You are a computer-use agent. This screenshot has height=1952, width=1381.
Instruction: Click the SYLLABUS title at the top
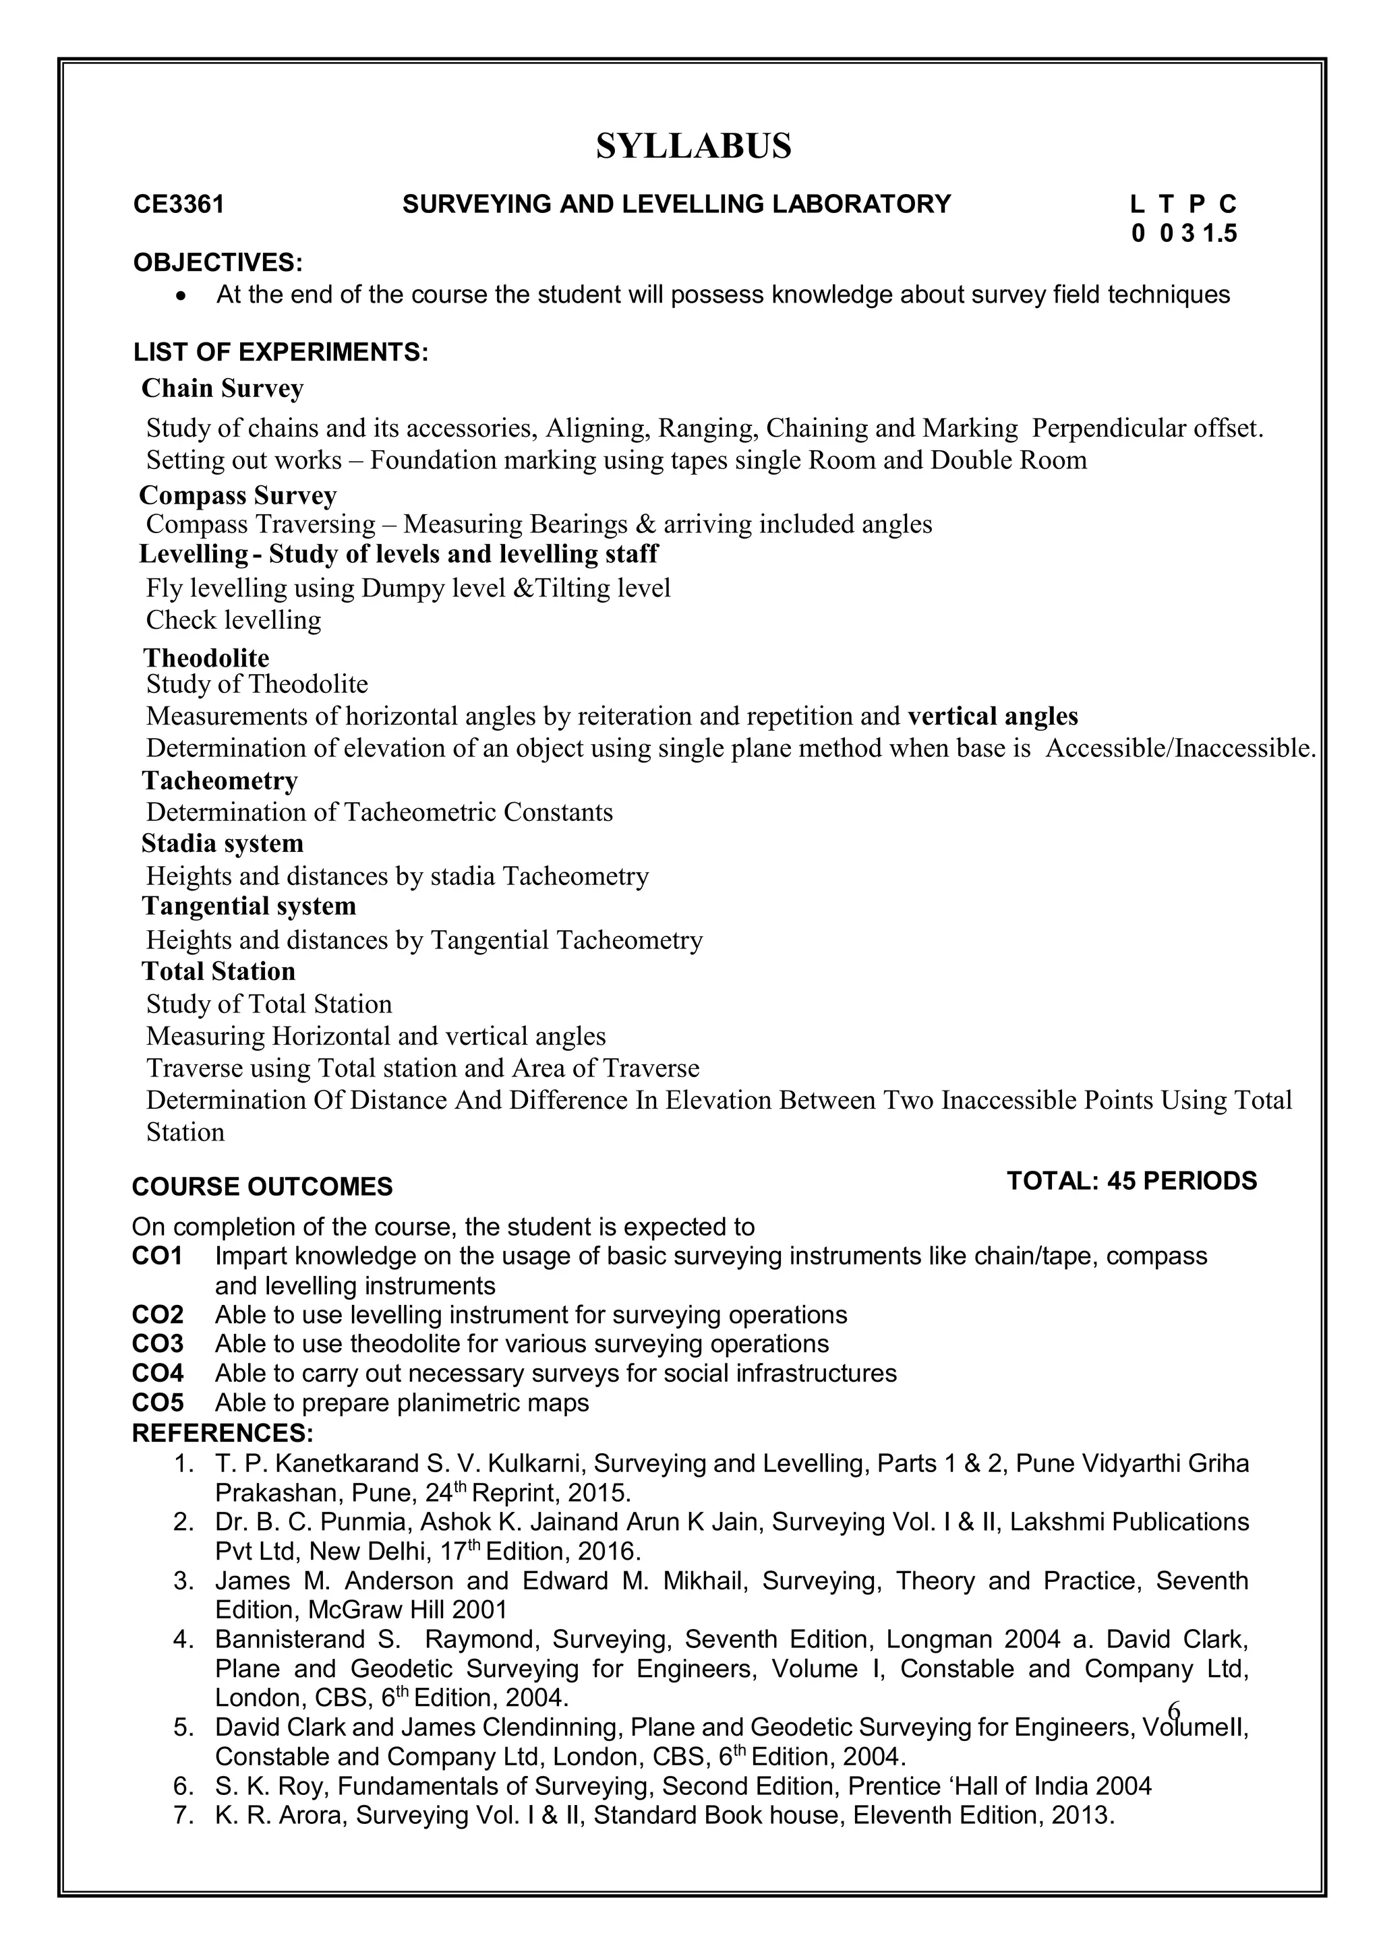tap(693, 146)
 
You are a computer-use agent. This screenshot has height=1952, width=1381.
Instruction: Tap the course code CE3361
tap(179, 205)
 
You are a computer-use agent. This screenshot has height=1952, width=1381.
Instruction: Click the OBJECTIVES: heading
tap(218, 263)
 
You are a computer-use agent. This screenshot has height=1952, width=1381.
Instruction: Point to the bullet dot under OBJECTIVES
tap(179, 296)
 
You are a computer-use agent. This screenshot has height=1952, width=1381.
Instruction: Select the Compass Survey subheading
tap(238, 495)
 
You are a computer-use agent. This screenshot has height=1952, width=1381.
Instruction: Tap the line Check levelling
tap(234, 620)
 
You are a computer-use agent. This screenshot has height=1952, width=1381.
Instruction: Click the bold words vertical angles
tap(993, 716)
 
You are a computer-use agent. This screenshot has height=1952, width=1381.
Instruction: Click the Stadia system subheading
tap(223, 843)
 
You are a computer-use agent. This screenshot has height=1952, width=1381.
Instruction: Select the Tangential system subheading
tap(249, 907)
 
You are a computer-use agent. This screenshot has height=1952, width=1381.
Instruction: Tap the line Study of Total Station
tap(269, 1004)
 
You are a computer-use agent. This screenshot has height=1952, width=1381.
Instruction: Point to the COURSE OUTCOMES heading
tap(262, 1187)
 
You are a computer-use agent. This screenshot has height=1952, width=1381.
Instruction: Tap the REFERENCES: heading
tap(223, 1434)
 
